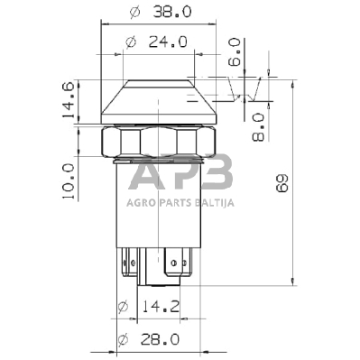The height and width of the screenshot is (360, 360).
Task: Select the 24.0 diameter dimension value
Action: pyautogui.click(x=168, y=42)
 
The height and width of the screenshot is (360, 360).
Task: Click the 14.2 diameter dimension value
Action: pyautogui.click(x=162, y=308)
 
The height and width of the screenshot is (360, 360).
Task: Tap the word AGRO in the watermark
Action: pyautogui.click(x=141, y=203)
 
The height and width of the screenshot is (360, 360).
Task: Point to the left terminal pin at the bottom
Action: pyautogui.click(x=126, y=267)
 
